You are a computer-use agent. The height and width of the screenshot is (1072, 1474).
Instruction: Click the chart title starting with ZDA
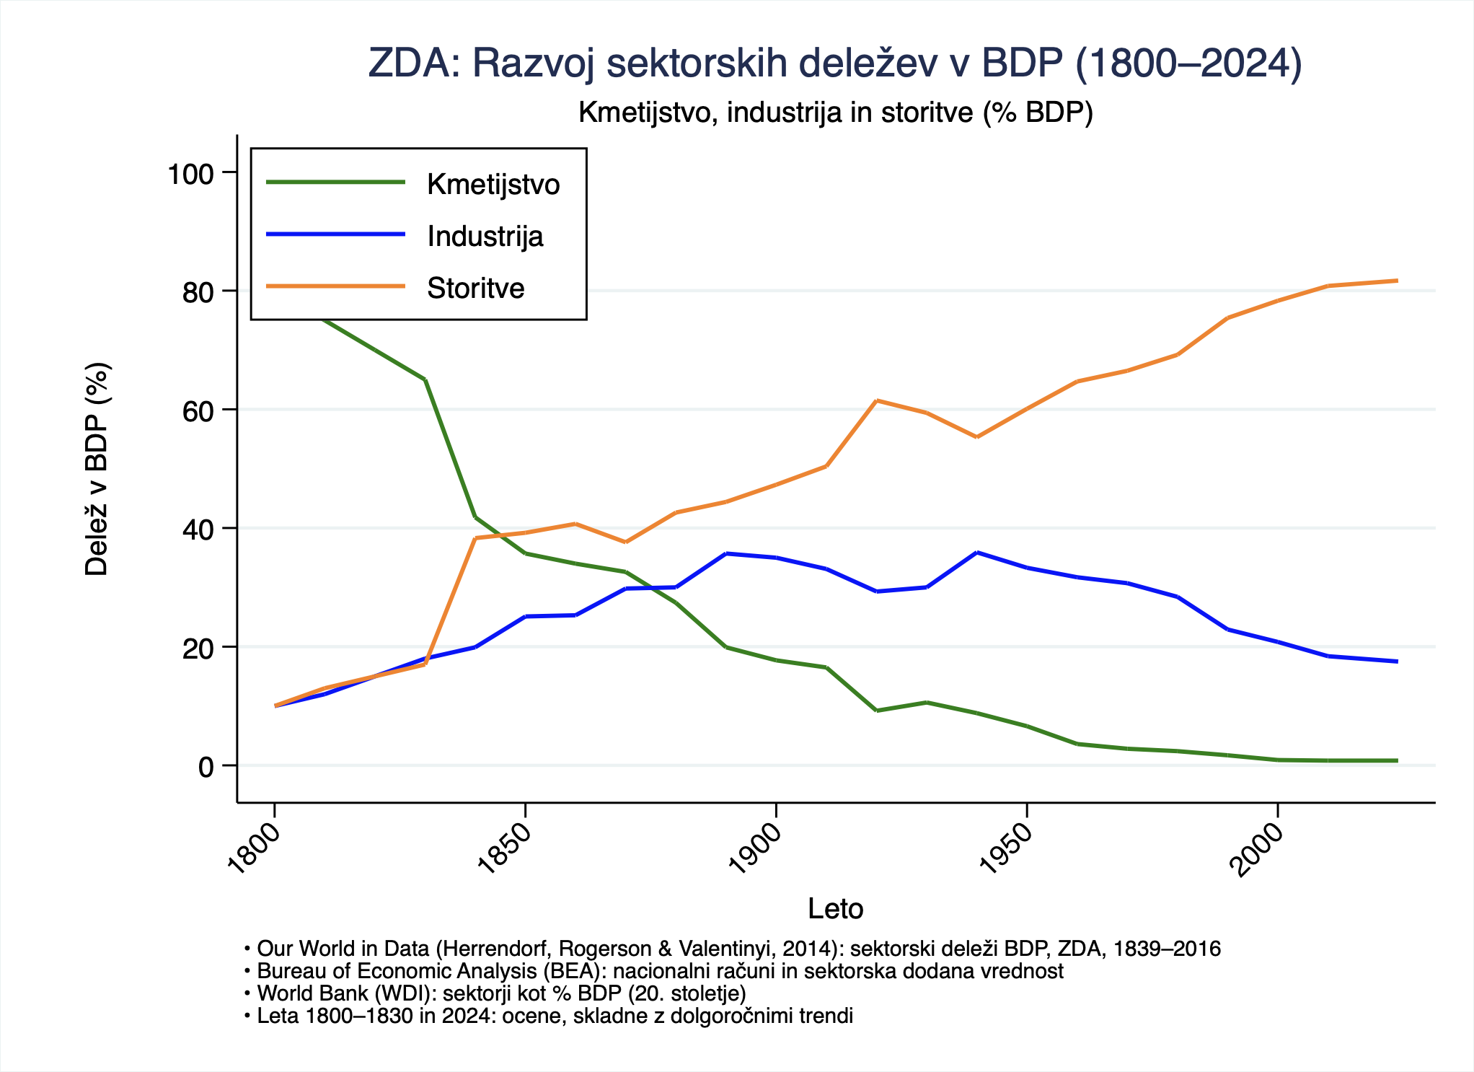coord(835,63)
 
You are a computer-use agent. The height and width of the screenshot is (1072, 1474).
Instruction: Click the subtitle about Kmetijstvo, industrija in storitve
coord(835,113)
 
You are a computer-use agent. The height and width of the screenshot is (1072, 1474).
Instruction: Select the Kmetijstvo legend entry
coord(493,185)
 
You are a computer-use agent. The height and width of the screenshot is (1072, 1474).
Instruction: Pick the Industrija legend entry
coord(485,237)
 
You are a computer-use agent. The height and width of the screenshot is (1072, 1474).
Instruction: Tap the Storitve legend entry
coord(475,289)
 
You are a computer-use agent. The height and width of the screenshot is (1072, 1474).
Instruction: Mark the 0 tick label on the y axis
coord(206,767)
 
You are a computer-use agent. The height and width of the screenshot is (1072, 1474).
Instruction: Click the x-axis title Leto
coord(835,909)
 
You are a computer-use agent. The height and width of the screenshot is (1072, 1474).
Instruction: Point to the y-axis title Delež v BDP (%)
coord(97,469)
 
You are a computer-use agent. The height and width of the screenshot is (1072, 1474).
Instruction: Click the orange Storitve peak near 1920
coord(876,400)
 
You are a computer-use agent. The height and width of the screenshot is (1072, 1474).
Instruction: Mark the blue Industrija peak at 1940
coord(976,553)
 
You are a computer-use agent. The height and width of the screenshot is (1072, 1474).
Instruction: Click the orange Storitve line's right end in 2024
coord(1398,281)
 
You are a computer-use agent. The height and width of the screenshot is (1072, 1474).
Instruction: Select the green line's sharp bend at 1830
coord(425,379)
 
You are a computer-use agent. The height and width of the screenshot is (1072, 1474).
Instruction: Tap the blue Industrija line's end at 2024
coord(1398,662)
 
